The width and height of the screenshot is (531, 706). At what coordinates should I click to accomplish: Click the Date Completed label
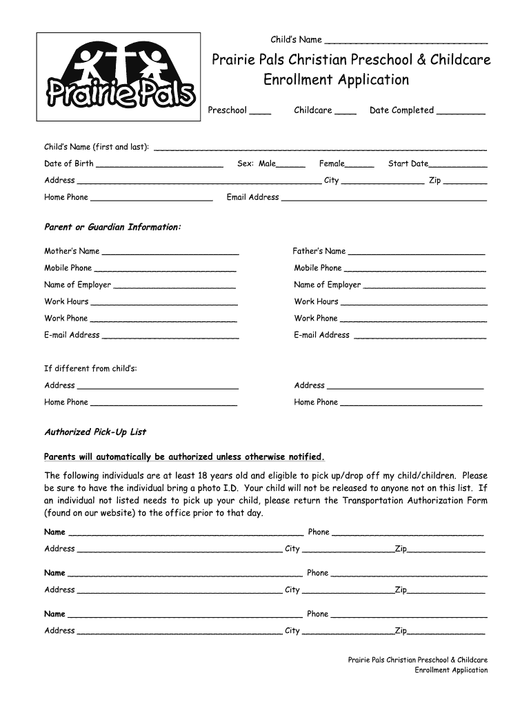click(401, 110)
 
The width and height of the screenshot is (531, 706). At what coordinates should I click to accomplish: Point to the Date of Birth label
click(68, 163)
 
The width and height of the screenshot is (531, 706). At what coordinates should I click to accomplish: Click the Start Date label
click(408, 163)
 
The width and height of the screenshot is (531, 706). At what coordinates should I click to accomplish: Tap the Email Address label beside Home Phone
click(252, 197)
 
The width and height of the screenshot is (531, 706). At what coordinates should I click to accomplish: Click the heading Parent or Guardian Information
click(112, 227)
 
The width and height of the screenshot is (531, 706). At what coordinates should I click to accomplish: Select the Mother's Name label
click(72, 251)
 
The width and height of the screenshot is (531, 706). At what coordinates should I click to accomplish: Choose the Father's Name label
click(319, 251)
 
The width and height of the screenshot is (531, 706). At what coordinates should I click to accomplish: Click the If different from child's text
click(90, 368)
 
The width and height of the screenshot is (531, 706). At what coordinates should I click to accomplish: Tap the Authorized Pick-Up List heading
click(95, 432)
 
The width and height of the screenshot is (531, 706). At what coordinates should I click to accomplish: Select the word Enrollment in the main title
click(299, 80)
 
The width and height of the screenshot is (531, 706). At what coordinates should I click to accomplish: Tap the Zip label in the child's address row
click(434, 181)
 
